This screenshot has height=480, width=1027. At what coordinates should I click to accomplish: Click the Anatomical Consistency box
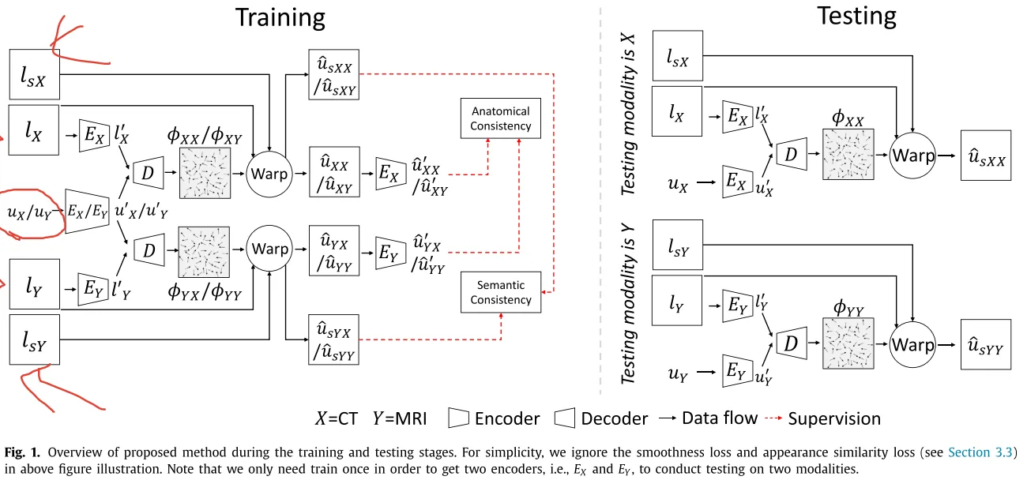501,118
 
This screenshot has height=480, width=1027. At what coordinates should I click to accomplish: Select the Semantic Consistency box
501,292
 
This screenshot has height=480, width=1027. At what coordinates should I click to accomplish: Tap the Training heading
280,18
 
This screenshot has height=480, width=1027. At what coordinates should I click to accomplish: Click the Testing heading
856,17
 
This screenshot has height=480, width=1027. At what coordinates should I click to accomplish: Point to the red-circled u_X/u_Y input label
30,212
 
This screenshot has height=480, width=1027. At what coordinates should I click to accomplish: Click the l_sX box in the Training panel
35,75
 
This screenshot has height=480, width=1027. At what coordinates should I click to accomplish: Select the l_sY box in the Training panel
35,339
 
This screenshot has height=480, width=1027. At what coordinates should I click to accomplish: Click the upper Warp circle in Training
269,174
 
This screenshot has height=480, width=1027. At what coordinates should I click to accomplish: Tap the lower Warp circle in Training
269,248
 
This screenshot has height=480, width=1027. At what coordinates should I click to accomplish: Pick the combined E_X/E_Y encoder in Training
87,211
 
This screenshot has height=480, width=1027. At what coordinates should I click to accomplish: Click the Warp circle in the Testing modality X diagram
912,156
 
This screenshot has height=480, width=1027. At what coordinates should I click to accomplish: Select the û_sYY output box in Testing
986,344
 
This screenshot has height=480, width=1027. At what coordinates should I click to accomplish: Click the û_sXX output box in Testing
986,156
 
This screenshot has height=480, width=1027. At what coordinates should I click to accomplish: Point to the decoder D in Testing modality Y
792,343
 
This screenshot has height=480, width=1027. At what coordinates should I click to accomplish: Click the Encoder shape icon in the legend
458,418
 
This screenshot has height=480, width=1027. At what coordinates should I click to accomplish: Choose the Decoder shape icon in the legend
564,418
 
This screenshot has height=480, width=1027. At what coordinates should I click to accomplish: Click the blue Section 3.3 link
980,452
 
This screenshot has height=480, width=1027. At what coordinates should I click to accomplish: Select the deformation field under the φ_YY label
848,343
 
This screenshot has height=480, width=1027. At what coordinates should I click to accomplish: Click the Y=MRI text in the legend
400,418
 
